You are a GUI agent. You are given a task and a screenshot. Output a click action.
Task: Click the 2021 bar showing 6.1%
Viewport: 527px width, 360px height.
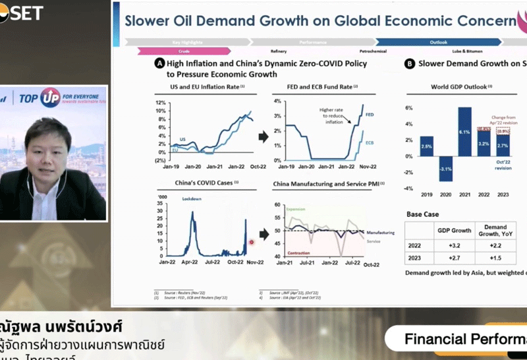pos(464,131)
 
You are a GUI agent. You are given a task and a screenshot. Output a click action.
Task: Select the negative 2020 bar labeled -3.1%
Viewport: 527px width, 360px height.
pos(445,168)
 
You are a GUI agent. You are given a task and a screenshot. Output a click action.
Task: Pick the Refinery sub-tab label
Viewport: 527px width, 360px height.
pos(279,51)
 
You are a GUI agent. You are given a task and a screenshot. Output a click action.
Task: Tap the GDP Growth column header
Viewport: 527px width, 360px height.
pos(455,230)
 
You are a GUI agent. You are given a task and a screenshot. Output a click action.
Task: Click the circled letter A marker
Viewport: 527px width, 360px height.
pos(159,64)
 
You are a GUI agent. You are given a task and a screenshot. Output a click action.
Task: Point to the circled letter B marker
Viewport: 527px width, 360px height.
pos(409,64)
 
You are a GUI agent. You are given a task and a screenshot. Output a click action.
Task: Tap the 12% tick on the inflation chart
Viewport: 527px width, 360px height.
pos(160,104)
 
